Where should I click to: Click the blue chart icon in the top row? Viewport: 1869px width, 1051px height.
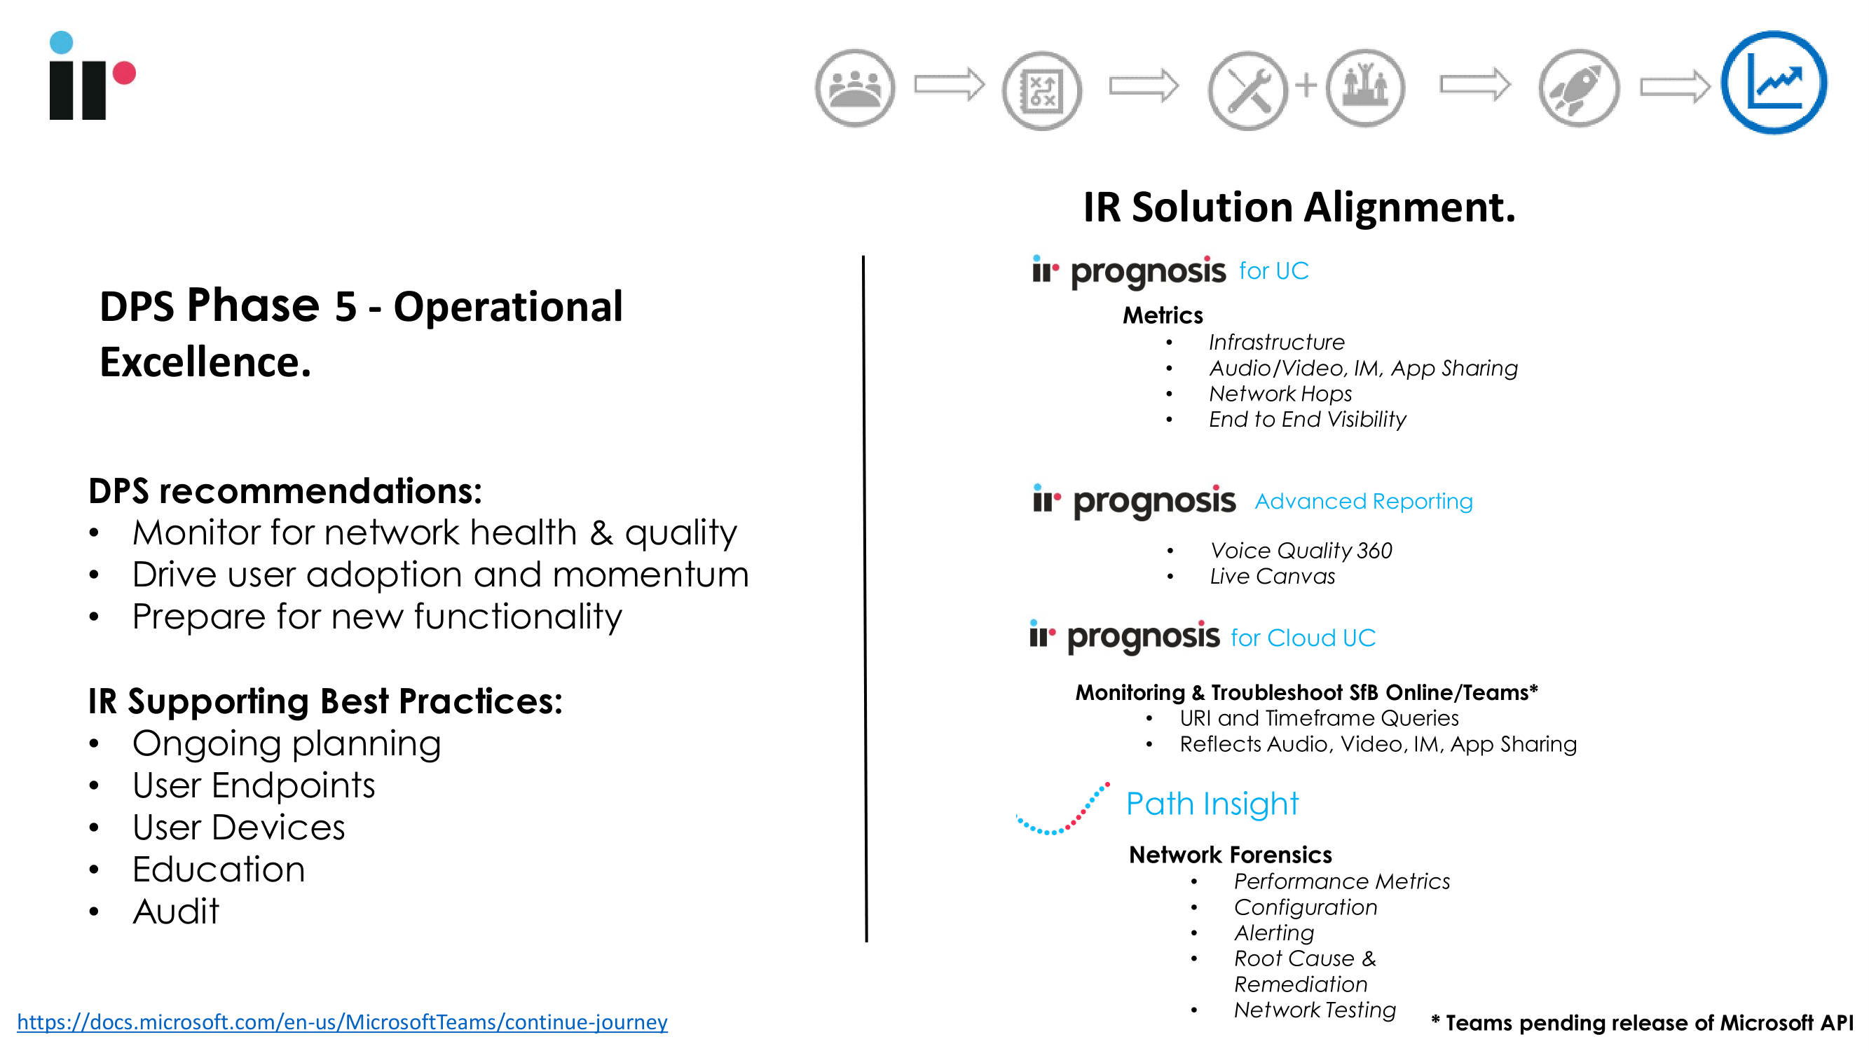tap(1774, 83)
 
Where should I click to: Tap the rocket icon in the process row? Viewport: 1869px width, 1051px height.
tap(1579, 88)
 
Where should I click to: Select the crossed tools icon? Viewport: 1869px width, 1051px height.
tap(1247, 90)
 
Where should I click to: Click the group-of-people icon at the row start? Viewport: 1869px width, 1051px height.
tap(855, 88)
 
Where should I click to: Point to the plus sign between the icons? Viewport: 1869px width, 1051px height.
tap(1306, 85)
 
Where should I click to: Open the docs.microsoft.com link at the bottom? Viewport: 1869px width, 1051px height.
tap(342, 1022)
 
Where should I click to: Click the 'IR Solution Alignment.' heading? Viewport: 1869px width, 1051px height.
tap(1299, 207)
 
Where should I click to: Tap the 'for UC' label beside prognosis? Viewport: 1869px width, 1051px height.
tap(1273, 270)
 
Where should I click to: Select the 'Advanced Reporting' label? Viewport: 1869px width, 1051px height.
tap(1363, 500)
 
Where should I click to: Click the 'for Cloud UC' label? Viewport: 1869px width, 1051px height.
tap(1303, 638)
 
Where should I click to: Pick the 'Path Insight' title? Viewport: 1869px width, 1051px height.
tap(1212, 804)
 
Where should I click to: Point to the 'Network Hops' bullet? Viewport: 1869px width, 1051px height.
tap(1280, 393)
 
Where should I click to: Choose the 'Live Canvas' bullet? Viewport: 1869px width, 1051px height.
tap(1272, 576)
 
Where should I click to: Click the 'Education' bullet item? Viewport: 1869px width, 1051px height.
tap(219, 869)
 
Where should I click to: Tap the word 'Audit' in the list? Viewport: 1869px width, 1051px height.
tap(176, 911)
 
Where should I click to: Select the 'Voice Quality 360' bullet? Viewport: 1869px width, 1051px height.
tap(1301, 551)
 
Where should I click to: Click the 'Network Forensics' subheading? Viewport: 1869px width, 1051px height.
tap(1231, 854)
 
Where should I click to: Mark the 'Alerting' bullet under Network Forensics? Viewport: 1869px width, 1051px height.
tap(1274, 933)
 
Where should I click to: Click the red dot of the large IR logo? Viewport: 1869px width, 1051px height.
tap(124, 73)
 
